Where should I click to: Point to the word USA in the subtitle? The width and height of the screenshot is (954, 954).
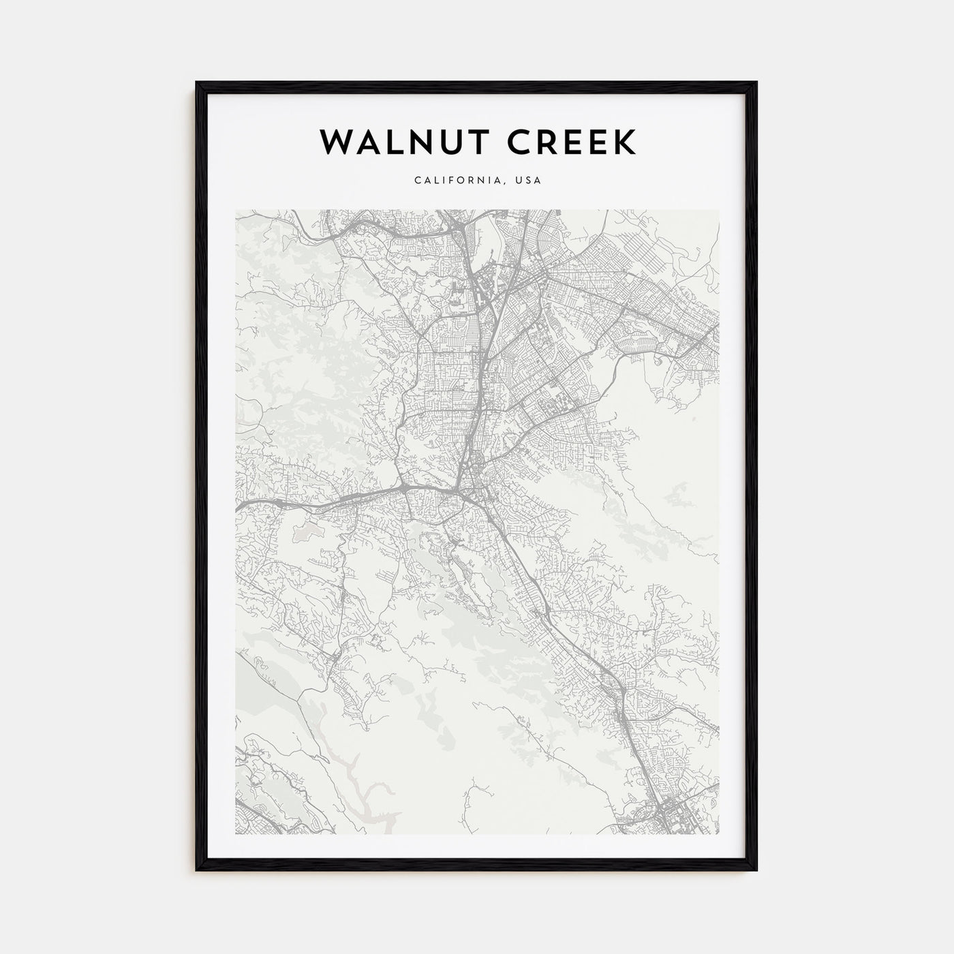[529, 181]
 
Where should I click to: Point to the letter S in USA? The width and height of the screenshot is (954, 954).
[529, 181]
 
